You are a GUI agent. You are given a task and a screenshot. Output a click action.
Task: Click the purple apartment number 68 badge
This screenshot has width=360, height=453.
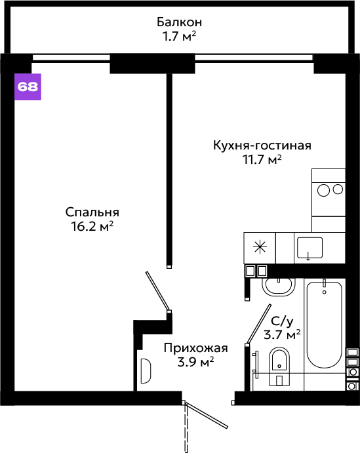click(x=28, y=87)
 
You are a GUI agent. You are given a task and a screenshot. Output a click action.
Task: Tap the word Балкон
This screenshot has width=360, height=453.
click(x=179, y=22)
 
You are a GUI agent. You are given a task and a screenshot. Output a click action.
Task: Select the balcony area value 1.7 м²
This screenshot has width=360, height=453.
click(x=179, y=37)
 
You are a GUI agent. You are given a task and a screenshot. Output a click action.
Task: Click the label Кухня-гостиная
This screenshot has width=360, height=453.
click(x=262, y=146)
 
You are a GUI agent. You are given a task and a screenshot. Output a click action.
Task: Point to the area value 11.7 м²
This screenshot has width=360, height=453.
click(x=262, y=159)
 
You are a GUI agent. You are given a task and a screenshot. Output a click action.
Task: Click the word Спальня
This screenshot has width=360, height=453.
click(x=92, y=212)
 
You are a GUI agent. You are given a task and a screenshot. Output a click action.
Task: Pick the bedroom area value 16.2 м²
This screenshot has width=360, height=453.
click(x=92, y=227)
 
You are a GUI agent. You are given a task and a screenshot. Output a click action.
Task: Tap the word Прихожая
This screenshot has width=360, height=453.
click(x=195, y=348)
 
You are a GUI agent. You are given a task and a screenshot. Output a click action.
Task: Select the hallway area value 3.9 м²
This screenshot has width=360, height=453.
click(x=195, y=362)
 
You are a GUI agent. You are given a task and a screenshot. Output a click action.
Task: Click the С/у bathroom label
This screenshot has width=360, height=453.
click(x=282, y=321)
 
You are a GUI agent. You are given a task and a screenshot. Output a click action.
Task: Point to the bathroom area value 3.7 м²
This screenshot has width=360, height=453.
click(x=282, y=334)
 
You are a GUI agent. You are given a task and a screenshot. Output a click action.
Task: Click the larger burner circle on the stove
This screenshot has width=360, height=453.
click(x=323, y=190)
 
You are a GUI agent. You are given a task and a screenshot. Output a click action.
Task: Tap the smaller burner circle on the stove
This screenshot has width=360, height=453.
click(x=338, y=189)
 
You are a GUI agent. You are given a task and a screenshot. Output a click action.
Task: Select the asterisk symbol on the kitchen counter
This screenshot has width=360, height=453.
click(x=260, y=247)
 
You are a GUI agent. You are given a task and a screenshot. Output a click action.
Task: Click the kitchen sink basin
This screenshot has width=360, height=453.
click(x=310, y=248)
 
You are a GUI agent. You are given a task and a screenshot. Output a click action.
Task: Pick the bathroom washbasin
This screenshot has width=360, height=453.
click(x=279, y=287)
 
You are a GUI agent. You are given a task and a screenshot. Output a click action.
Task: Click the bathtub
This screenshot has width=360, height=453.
click(x=324, y=325)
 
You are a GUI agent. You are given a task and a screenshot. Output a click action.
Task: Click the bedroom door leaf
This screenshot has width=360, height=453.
click(x=157, y=291)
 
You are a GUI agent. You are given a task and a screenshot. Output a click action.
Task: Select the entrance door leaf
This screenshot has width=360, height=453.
click(x=207, y=415)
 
